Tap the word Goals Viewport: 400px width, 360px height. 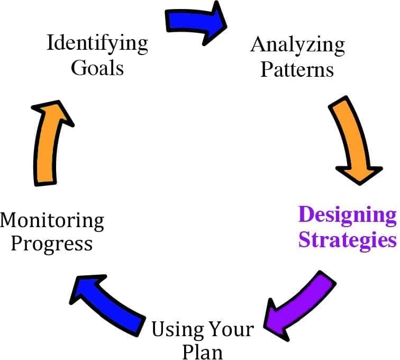pyautogui.click(x=97, y=68)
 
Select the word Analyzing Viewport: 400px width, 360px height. pyautogui.click(x=297, y=46)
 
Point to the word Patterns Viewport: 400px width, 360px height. pyautogui.click(x=297, y=69)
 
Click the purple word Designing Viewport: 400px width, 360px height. pyautogui.click(x=348, y=216)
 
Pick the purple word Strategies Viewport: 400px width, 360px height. pyautogui.click(x=348, y=240)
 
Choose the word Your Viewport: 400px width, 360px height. pyautogui.click(x=229, y=330)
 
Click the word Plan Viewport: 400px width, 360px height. pyautogui.click(x=203, y=351)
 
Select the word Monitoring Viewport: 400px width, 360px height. pyautogui.click(x=52, y=220)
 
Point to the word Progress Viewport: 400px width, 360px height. pyautogui.click(x=52, y=244)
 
